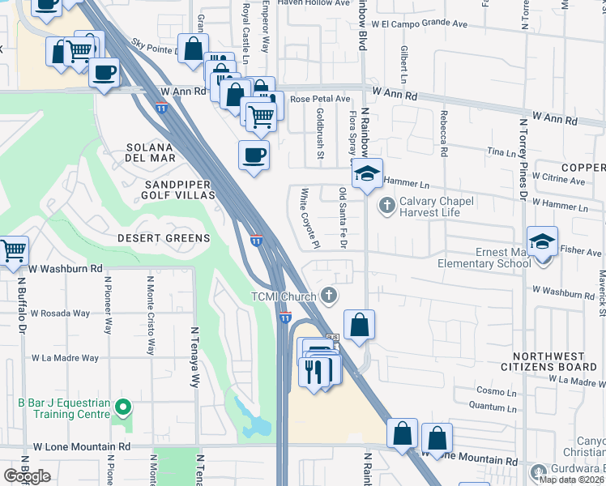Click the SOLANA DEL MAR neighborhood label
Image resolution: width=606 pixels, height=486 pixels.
tap(149, 154)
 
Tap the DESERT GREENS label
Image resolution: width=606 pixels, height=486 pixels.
tap(163, 238)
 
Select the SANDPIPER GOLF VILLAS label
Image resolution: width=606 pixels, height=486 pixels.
tap(179, 190)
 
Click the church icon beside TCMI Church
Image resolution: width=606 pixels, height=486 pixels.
tap(328, 296)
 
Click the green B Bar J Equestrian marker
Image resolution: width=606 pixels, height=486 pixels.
tap(122, 406)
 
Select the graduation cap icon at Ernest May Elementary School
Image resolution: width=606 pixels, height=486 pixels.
tap(542, 241)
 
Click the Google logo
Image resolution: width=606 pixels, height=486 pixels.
tap(27, 475)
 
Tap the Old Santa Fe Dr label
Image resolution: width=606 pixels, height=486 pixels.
tap(343, 209)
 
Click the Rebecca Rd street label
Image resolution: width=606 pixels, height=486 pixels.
tap(444, 133)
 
